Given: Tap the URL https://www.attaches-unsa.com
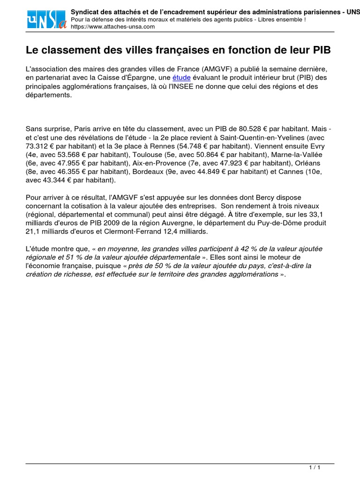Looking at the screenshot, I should coord(113,27).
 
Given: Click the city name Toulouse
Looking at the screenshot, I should coord(147,155).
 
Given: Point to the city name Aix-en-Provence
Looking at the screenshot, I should coord(157,163).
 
